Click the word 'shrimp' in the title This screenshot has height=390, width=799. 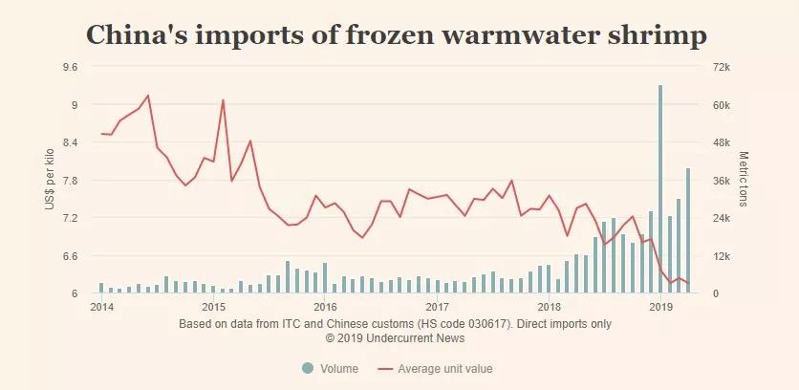click(x=655, y=35)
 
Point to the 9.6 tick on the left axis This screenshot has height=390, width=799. click(x=69, y=67)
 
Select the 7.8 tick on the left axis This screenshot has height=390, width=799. click(x=69, y=180)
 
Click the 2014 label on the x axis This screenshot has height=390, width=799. click(x=101, y=308)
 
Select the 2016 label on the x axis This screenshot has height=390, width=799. click(x=325, y=308)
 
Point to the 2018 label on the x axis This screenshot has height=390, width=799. click(x=549, y=308)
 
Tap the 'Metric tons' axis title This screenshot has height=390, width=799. click(x=744, y=180)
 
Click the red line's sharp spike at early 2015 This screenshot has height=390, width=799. click(x=223, y=100)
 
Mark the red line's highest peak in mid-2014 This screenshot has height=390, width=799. click(x=148, y=96)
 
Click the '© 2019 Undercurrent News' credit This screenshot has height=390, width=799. click(x=395, y=337)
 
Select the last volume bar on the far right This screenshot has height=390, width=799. click(x=688, y=230)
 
